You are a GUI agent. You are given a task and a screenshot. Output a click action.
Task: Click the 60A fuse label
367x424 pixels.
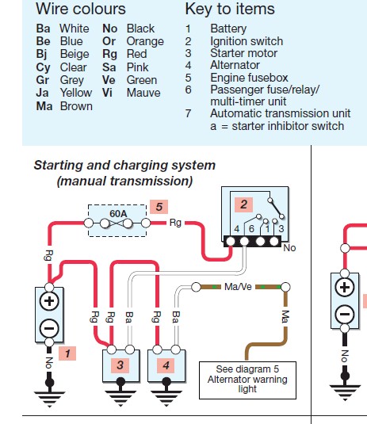tap(118, 214)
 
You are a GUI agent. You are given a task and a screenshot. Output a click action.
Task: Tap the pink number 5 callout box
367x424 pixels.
tap(159, 207)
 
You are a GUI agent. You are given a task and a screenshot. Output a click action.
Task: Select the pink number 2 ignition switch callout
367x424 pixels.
tap(243, 204)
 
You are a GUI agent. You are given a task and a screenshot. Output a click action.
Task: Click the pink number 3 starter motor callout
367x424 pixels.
tap(120, 365)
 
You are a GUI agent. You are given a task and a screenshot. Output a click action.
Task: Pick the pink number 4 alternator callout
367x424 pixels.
tap(166, 365)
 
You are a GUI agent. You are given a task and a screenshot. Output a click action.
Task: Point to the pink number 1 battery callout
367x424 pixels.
tap(67, 353)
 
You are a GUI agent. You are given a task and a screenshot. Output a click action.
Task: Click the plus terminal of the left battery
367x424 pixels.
tap(49, 301)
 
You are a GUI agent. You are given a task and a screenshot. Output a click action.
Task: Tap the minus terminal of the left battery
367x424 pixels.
tap(49, 328)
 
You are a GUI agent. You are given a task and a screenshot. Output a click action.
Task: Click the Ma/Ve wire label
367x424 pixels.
tap(238, 287)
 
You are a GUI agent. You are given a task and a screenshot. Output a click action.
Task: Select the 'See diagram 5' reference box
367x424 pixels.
tap(247, 380)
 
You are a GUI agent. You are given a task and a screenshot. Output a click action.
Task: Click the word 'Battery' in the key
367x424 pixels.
tap(228, 29)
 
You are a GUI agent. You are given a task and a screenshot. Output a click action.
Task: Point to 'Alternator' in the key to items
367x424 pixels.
tap(235, 65)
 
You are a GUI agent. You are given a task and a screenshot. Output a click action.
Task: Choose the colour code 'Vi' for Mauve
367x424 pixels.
tap(107, 93)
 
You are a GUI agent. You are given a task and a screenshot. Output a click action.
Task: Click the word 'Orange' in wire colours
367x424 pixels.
tap(145, 41)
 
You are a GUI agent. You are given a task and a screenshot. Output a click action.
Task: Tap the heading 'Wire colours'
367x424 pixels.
tap(81, 9)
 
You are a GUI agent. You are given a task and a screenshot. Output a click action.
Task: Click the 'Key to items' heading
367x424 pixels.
tap(230, 9)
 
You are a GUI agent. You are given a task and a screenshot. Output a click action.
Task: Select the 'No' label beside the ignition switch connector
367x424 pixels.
tap(289, 248)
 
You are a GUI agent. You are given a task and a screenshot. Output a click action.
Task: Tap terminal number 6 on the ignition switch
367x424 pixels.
tap(251, 229)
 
